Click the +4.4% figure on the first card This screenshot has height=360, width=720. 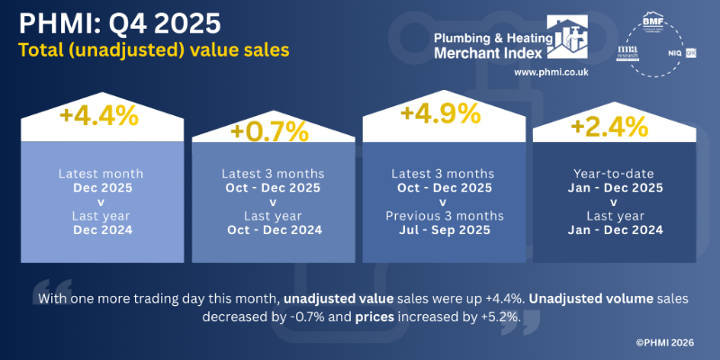99,118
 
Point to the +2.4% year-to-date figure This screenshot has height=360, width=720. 609,127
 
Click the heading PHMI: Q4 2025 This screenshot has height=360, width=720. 114,21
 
